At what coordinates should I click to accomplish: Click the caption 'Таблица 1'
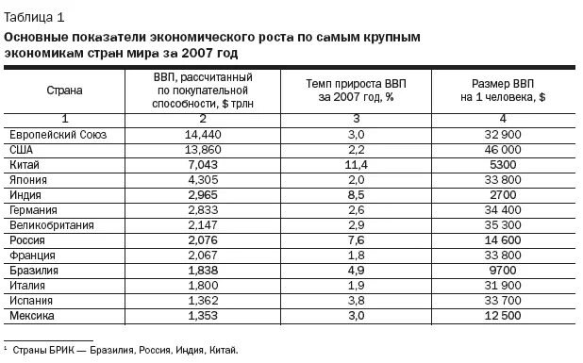35,15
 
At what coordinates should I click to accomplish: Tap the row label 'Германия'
34,209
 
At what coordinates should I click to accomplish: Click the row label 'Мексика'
31,315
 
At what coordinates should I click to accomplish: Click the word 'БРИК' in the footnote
58,350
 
